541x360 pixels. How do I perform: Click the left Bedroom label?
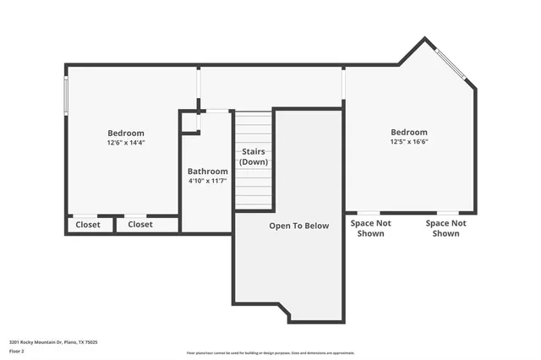click(x=125, y=133)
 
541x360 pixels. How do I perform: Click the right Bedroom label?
click(x=408, y=132)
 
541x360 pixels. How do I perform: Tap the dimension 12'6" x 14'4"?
click(x=125, y=143)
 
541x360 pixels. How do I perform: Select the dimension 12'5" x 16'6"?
click(x=408, y=142)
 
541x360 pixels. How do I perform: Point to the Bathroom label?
click(x=207, y=171)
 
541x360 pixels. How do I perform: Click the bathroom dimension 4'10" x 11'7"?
click(x=207, y=181)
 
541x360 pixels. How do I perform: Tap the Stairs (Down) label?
click(x=254, y=156)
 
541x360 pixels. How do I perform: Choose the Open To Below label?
click(x=298, y=226)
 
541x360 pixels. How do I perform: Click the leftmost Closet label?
click(x=88, y=225)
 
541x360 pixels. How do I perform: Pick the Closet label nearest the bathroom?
click(x=140, y=225)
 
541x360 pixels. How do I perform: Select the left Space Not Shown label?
click(x=371, y=228)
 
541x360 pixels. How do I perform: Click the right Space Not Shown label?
click(x=445, y=228)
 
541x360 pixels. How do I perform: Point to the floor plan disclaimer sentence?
click(x=270, y=353)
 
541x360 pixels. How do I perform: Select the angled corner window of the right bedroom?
click(x=451, y=64)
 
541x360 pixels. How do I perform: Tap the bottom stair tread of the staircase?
click(x=254, y=204)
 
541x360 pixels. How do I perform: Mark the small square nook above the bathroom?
click(x=189, y=122)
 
